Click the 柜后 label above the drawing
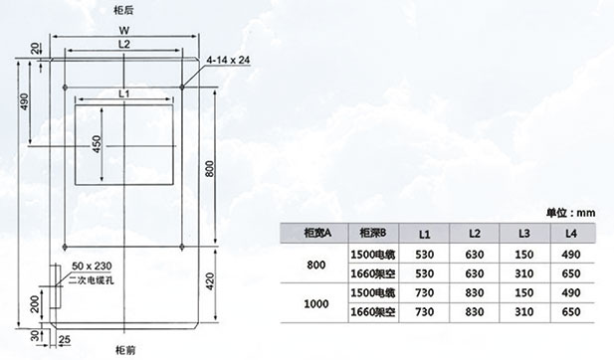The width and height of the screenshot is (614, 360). tap(123, 11)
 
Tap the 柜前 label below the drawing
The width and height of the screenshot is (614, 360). tap(125, 350)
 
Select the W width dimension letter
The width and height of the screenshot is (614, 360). tap(124, 31)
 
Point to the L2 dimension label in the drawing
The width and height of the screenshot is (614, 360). tap(124, 44)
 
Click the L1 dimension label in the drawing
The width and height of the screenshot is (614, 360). tap(124, 93)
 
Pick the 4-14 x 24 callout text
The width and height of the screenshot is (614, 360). tap(228, 60)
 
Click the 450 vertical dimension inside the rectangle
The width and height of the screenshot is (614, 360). tap(97, 144)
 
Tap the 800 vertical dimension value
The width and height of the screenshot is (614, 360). tap(210, 169)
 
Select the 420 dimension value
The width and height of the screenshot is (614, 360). tap(210, 281)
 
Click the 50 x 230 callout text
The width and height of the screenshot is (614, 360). tap(92, 267)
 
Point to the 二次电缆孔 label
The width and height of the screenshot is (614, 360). tap(92, 280)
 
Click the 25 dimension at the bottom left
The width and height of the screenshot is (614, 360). tap(65, 339)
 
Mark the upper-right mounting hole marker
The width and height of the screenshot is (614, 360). tap(182, 87)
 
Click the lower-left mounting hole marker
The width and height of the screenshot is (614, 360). tap(65, 247)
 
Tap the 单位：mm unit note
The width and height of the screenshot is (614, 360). tap(570, 213)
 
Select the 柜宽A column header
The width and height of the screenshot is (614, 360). tap(317, 234)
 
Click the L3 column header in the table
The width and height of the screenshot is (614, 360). tap(523, 234)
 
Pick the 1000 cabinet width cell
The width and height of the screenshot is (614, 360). tap(316, 303)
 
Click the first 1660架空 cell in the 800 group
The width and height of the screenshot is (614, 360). tap(373, 273)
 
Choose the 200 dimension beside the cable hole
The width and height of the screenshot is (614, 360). tap(35, 303)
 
